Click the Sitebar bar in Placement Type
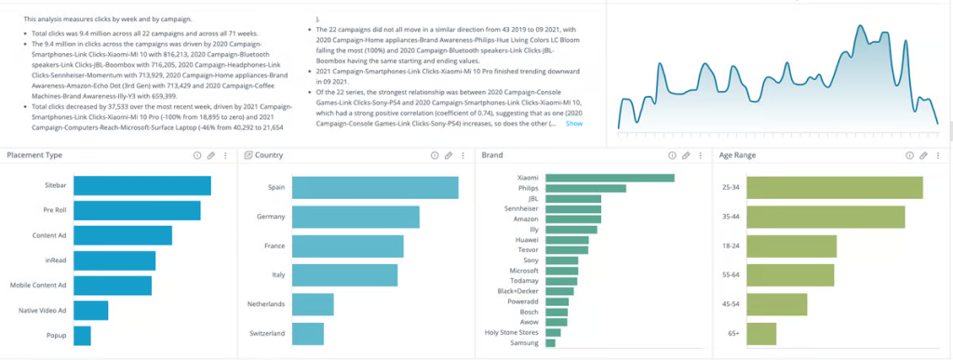[141, 186]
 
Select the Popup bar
[82, 335]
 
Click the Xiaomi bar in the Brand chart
[609, 178]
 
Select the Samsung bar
[550, 343]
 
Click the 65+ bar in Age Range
[763, 333]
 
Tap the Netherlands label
[263, 304]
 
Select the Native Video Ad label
[36, 310]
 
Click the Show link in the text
[574, 124]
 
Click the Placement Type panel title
[34, 155]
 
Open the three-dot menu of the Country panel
[463, 155]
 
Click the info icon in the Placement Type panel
[196, 155]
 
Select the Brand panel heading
[492, 155]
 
